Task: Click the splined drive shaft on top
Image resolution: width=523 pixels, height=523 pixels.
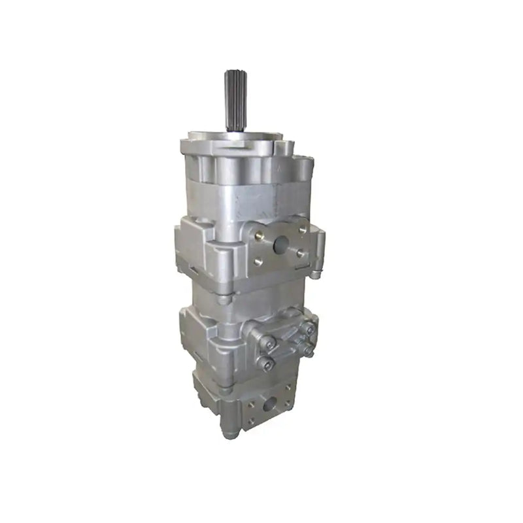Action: (234, 101)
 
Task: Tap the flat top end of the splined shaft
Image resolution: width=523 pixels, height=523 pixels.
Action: (234, 73)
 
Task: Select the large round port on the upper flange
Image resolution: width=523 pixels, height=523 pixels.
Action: (282, 245)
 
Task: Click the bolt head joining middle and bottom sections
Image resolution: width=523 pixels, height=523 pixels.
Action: (226, 390)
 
